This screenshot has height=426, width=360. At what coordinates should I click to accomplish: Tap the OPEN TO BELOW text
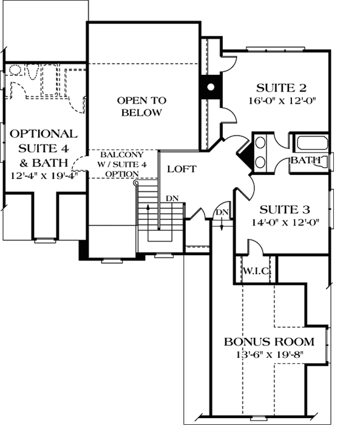pos(141,106)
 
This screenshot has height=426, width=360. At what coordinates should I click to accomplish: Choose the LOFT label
pos(182,169)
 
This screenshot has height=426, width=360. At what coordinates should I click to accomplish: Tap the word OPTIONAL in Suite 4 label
pos(43,134)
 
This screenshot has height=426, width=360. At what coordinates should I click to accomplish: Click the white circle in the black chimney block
pos(210,87)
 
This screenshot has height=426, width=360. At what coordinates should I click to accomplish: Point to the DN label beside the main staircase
pos(172,199)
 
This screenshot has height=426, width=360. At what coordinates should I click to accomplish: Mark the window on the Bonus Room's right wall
pos(328,345)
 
